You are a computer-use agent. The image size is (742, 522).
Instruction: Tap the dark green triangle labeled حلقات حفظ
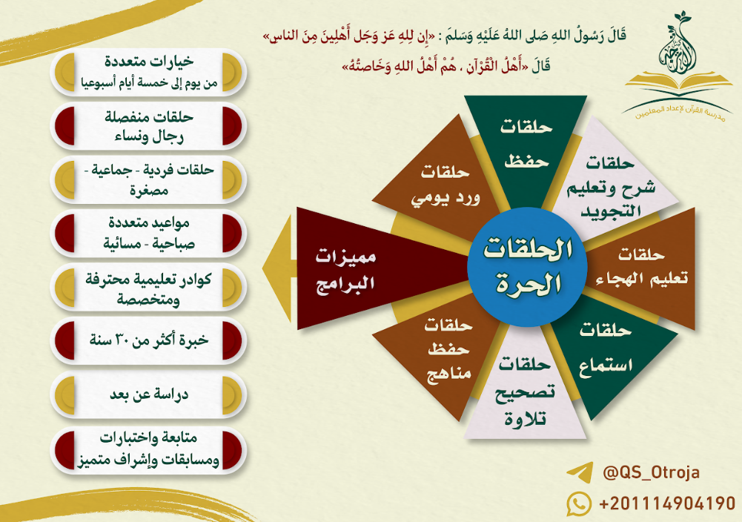click(526, 142)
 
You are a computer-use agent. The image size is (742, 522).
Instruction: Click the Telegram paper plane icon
click(580, 472)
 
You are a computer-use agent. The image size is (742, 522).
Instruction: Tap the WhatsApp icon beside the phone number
click(579, 503)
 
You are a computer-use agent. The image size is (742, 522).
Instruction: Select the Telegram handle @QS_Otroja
click(651, 472)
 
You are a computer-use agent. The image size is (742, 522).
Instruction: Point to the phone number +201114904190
click(667, 503)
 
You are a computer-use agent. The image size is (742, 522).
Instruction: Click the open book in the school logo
click(678, 82)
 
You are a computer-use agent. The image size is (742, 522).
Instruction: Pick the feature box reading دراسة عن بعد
click(148, 395)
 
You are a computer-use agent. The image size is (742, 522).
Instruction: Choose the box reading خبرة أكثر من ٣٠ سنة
click(148, 341)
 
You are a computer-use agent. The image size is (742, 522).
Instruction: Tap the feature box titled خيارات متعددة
click(148, 72)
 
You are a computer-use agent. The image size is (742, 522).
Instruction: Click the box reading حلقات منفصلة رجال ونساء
click(148, 126)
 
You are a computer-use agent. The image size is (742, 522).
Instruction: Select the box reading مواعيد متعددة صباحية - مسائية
click(148, 234)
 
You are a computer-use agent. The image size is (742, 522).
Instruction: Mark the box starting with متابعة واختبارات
click(148, 449)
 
